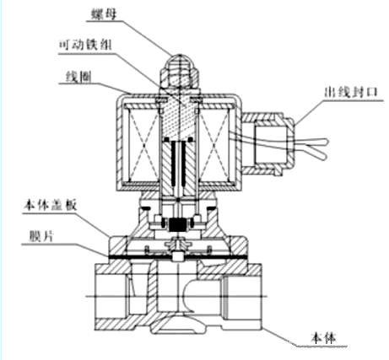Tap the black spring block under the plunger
pos(178,224)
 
